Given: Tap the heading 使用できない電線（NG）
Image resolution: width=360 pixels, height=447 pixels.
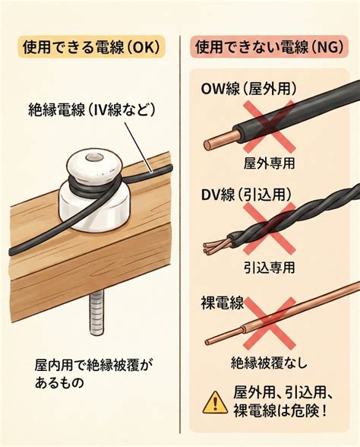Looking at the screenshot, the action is tap(269, 46).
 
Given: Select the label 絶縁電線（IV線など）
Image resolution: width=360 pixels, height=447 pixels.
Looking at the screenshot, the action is tap(92, 109).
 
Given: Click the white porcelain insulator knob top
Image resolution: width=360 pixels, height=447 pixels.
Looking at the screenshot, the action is tap(95, 164).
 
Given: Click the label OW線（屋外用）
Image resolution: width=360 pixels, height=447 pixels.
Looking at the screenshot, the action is tap(248, 89).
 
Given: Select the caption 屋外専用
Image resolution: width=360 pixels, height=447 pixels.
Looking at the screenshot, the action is tap(269, 163).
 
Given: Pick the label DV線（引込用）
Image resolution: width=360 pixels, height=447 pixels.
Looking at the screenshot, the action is tap(246, 195).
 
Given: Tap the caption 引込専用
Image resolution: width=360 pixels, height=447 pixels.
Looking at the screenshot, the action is tap(269, 267).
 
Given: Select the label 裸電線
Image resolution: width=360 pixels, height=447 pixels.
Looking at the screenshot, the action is tap(223, 303).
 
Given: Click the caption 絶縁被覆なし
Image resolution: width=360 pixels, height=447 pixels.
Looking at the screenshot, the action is tap(269, 363).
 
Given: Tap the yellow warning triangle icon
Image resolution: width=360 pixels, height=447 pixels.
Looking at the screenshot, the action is tap(215, 402).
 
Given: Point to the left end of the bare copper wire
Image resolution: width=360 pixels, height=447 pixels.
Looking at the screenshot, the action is tap(207, 341).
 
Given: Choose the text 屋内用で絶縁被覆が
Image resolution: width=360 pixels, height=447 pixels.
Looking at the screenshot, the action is tap(92, 365).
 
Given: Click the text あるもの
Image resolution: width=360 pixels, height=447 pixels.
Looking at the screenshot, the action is tap(59, 383).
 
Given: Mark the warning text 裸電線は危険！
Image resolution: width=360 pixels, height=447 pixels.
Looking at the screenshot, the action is tap(279, 411).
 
